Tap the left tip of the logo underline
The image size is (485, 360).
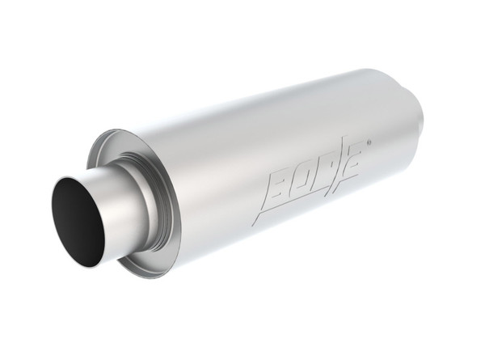[252, 224]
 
